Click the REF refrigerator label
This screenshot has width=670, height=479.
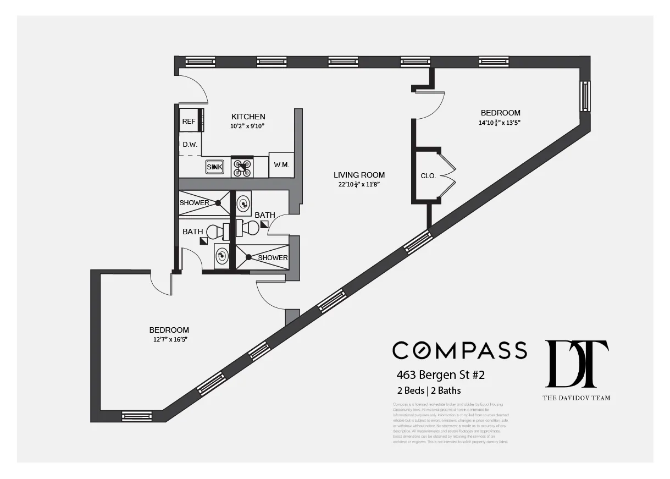[x=189, y=122]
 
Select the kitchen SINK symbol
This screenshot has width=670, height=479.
[x=214, y=167]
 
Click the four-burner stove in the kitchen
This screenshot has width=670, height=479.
[x=242, y=167]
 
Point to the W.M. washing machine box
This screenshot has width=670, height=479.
[x=281, y=164]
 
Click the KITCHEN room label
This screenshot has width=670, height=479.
[x=248, y=117]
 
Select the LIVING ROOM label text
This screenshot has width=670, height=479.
[x=359, y=175]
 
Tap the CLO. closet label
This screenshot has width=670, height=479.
[x=428, y=176]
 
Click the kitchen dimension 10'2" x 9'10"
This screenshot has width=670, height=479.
[x=248, y=126]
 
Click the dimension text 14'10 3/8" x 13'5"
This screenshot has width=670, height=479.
[x=499, y=123]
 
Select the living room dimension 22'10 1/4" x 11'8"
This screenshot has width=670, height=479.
[x=359, y=185]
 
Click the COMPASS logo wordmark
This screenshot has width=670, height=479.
[x=459, y=350]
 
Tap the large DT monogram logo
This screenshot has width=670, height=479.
[x=576, y=364]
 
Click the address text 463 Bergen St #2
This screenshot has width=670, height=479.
[x=440, y=376]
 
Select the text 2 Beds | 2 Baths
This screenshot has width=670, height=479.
[x=429, y=391]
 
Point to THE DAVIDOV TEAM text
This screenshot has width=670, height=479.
[x=576, y=398]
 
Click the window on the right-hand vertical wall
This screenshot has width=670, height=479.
[x=585, y=96]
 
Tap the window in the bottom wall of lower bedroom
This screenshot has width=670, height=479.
[x=136, y=416]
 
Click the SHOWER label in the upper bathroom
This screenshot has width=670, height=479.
[x=194, y=203]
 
